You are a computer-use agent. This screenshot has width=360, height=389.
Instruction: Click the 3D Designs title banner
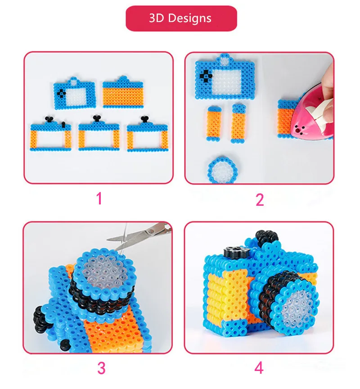(181, 18)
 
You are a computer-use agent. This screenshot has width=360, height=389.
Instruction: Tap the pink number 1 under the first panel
(99, 199)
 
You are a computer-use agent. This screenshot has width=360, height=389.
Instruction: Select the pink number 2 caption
(260, 200)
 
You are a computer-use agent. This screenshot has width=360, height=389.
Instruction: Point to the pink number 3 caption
(101, 368)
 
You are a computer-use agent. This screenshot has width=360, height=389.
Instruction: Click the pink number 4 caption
(259, 368)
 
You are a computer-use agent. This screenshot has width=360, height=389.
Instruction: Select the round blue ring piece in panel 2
(220, 170)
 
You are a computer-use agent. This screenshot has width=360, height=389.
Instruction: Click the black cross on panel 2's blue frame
(205, 76)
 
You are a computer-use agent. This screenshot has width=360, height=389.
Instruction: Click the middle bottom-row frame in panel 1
(99, 135)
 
